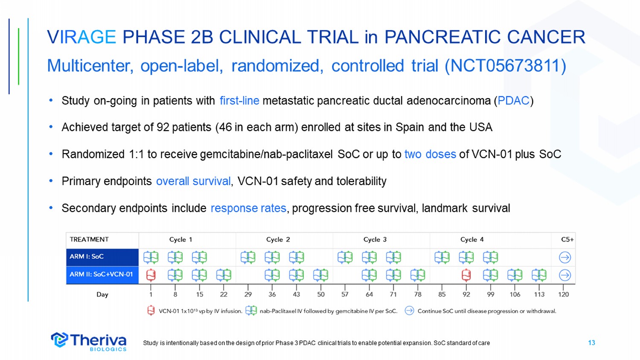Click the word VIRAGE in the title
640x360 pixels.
[x=81, y=37]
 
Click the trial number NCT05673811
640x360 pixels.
[x=505, y=66]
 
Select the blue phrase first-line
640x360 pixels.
[x=239, y=101]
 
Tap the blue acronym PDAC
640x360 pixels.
[x=513, y=101]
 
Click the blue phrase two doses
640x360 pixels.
[x=430, y=154]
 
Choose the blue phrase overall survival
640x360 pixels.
[x=193, y=181]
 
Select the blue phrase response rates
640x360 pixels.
[x=248, y=208]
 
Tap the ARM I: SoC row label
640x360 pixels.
[x=102, y=257]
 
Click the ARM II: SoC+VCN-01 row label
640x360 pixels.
[x=102, y=275]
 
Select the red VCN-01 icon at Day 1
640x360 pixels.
[x=151, y=275]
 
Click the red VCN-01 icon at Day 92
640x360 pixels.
[x=466, y=275]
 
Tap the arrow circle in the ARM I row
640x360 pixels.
[x=565, y=258]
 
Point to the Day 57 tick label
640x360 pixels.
[x=345, y=294]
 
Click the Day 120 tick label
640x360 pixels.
[x=564, y=294]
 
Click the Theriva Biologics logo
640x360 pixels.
[x=89, y=341]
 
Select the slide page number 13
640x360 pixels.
[x=591, y=343]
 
